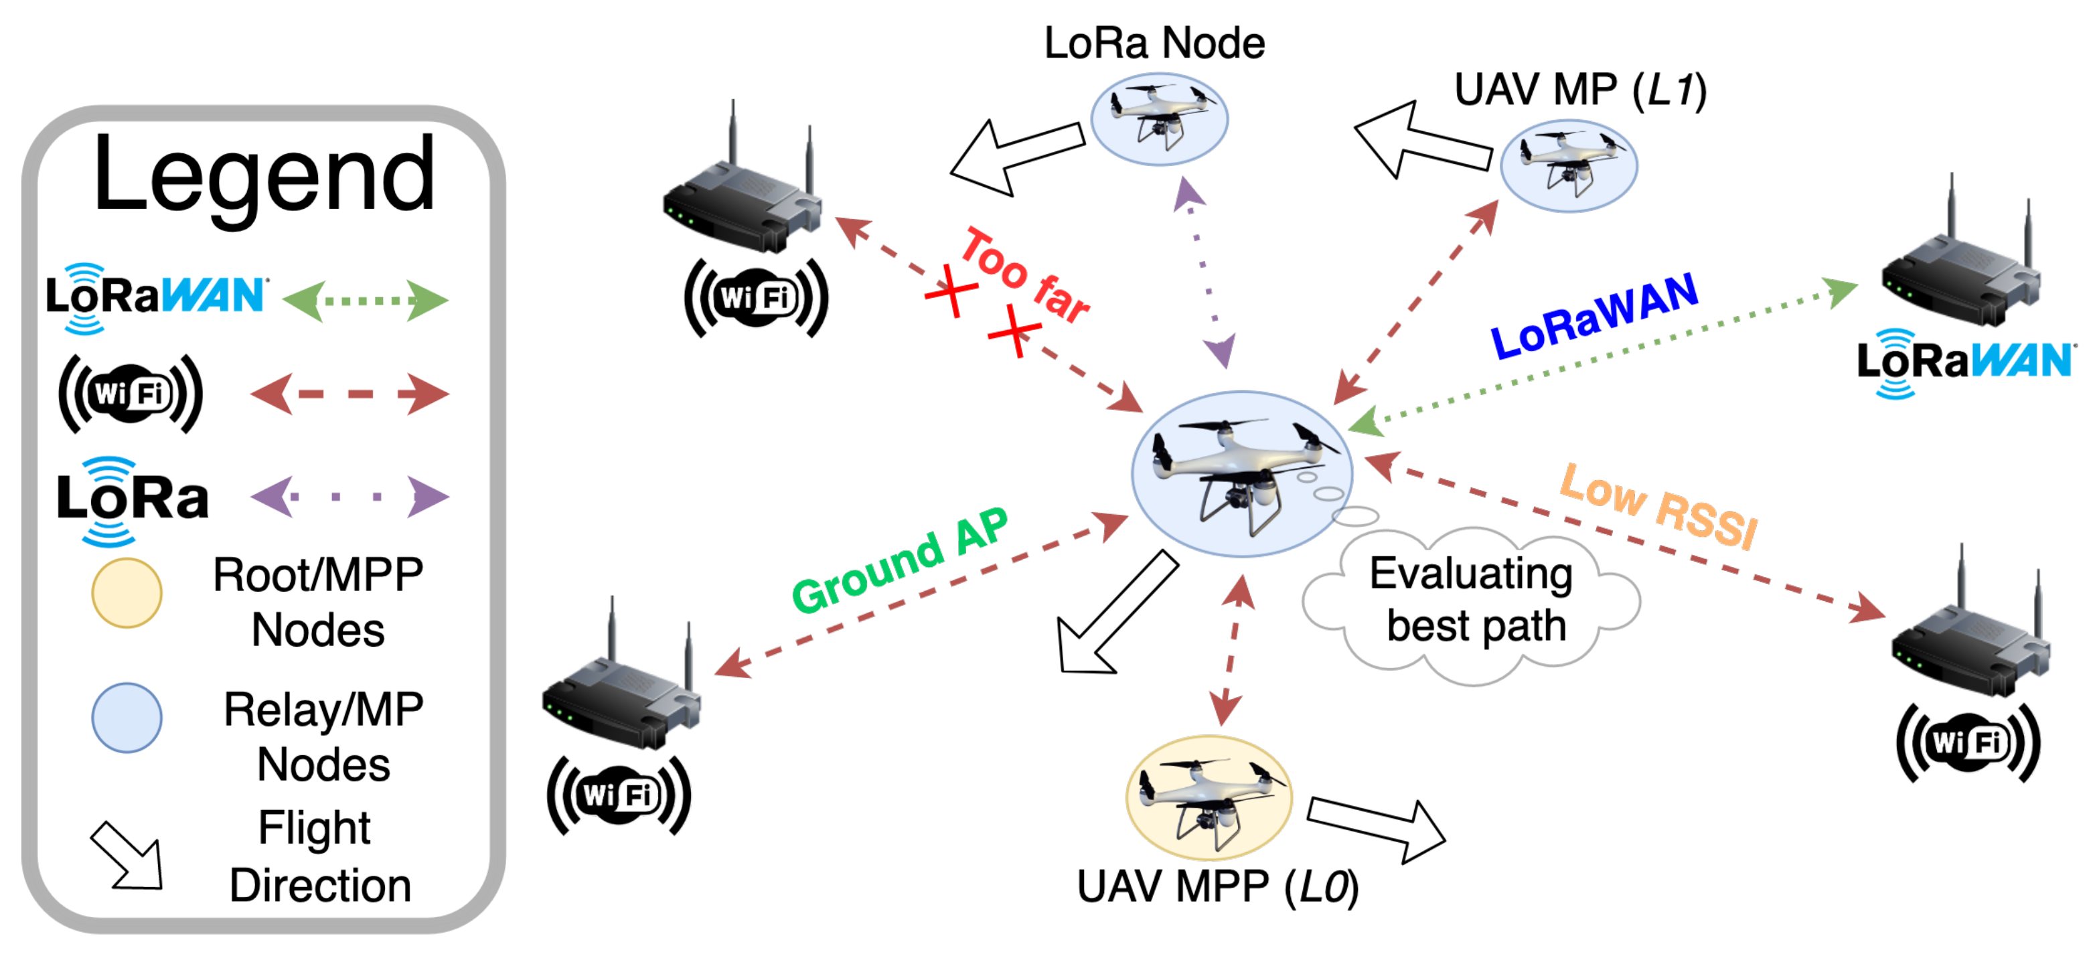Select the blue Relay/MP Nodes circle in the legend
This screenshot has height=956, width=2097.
[x=126, y=718]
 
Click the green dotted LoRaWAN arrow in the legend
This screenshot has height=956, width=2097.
[x=365, y=301]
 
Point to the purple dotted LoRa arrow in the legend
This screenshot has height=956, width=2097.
[x=350, y=496]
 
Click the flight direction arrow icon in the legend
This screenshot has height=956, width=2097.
[x=128, y=857]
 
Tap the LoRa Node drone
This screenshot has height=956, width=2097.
[x=1158, y=119]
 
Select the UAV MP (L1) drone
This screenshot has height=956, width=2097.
[x=1568, y=165]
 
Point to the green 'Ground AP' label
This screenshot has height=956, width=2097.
[x=900, y=561]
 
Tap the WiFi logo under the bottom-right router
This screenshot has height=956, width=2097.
[x=1968, y=742]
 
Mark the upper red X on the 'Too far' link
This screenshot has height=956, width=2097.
[x=950, y=290]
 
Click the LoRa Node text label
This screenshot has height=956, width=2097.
[x=1154, y=43]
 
